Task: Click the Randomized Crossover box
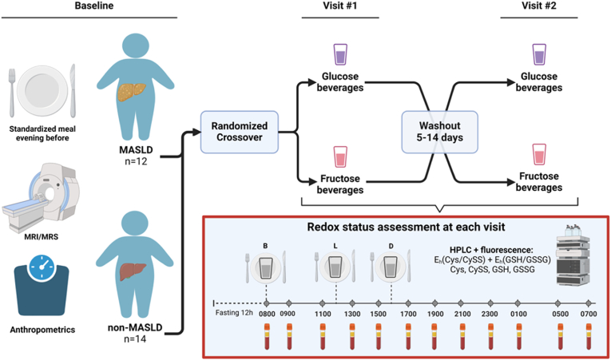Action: click(240, 131)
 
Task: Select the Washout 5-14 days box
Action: click(439, 131)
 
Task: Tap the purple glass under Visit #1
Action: click(339, 54)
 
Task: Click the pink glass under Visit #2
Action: click(539, 154)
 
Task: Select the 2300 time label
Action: click(490, 314)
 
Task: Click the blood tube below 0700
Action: click(589, 336)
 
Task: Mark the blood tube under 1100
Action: click(322, 336)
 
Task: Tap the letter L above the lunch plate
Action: click(335, 246)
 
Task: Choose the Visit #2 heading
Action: click(539, 7)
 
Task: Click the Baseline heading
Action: click(89, 7)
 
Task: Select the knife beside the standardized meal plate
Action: click(72, 91)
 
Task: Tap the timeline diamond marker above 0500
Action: click(558, 303)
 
